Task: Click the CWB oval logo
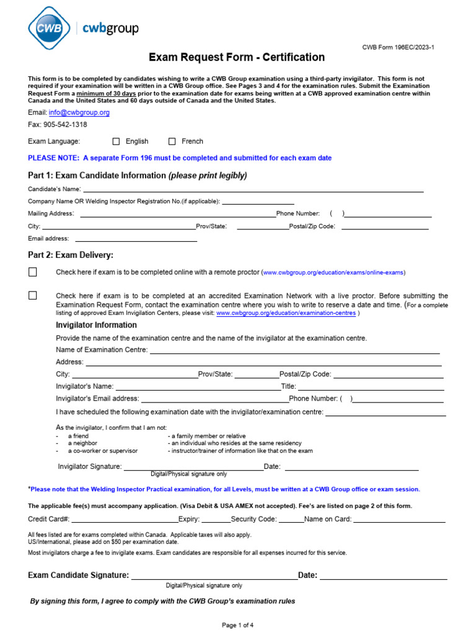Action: coord(48,28)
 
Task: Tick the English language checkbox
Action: coord(116,141)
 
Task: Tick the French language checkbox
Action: coord(172,141)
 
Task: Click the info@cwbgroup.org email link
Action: coord(79,112)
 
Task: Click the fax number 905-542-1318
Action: coord(65,124)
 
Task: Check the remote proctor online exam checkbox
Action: coord(33,272)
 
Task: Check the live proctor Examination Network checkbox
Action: coord(33,296)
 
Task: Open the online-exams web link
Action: coord(334,272)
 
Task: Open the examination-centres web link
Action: coord(286,314)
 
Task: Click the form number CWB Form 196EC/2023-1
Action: coord(398,47)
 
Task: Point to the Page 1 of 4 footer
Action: coord(238,625)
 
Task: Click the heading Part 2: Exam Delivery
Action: coord(71,255)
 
